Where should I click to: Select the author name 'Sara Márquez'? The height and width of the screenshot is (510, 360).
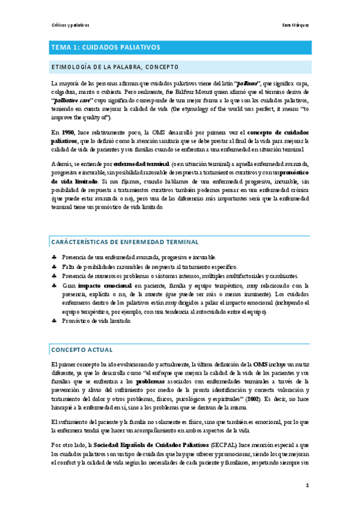[296, 26]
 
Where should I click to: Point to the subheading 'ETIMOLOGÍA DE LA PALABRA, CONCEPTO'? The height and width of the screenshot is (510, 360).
[114, 67]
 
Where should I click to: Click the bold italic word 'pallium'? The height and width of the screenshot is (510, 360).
[247, 82]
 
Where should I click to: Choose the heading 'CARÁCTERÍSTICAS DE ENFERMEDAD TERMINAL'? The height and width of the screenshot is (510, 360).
[124, 242]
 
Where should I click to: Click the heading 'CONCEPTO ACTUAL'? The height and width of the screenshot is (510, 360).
[79, 349]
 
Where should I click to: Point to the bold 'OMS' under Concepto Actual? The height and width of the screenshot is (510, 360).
[260, 364]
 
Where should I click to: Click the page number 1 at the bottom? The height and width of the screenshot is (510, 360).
[307, 485]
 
